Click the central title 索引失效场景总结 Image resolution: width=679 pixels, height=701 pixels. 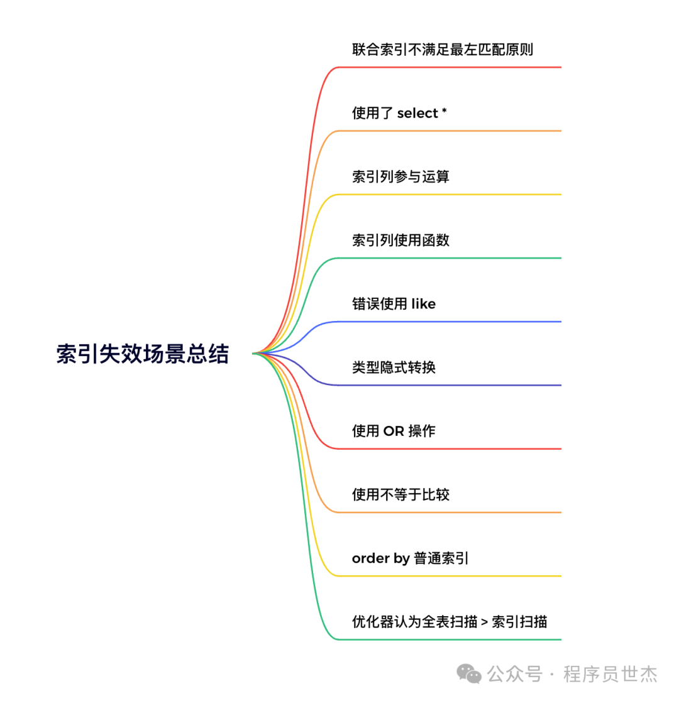pyautogui.click(x=143, y=354)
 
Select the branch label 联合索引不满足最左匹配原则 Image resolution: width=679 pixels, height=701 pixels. pyautogui.click(x=443, y=50)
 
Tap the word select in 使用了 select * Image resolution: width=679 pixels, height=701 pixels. pyautogui.click(x=417, y=113)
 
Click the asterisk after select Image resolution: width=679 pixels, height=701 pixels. pyautogui.click(x=444, y=112)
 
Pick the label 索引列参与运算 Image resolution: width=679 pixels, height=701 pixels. pyautogui.click(x=400, y=177)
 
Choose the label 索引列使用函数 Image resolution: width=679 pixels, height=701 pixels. pyautogui.click(x=400, y=240)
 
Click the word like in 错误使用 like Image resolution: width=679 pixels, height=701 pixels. pyautogui.click(x=423, y=304)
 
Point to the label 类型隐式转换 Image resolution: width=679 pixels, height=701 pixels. pyautogui.click(x=394, y=367)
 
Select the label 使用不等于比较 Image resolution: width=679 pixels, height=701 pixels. pyautogui.click(x=400, y=495)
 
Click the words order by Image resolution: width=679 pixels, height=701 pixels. pyautogui.click(x=380, y=558)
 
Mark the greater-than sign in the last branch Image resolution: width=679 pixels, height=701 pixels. pyautogui.click(x=484, y=622)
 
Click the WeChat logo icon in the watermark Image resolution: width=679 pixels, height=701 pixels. pyautogui.click(x=469, y=674)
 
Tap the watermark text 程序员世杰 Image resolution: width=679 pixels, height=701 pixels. pyautogui.click(x=610, y=675)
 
